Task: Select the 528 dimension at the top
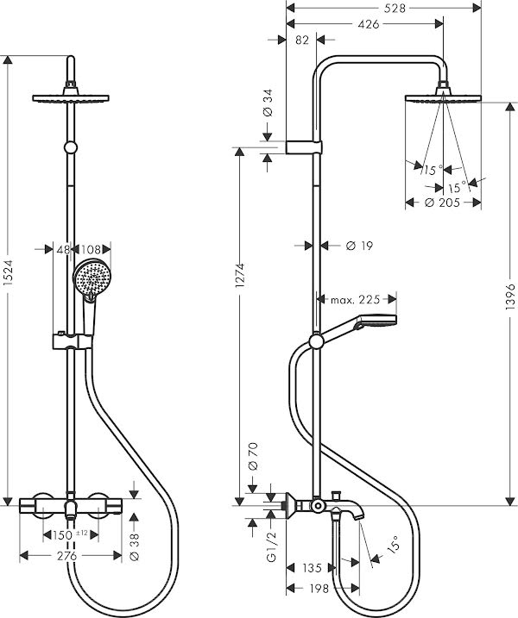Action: click(x=370, y=8)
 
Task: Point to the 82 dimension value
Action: click(x=302, y=40)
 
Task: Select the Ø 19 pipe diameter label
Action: click(x=358, y=246)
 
